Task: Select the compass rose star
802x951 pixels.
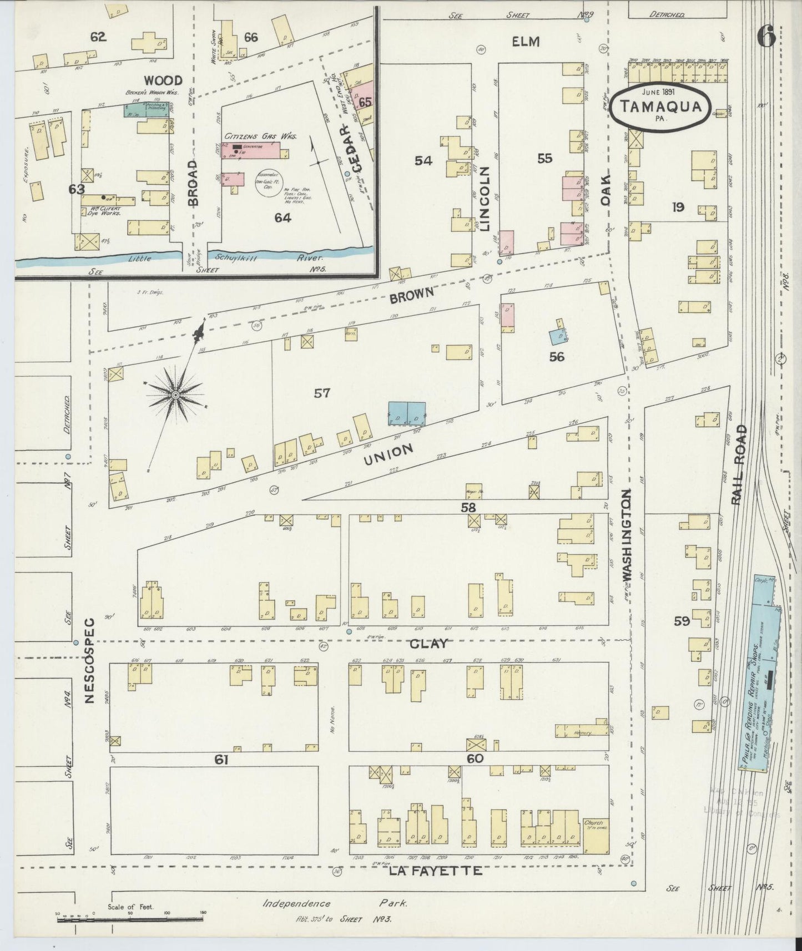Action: coord(175,394)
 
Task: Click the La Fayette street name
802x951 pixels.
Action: coord(435,872)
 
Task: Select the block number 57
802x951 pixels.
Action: coord(322,393)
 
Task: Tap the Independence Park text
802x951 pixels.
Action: coord(335,903)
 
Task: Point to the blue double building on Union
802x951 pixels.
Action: coord(406,414)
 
